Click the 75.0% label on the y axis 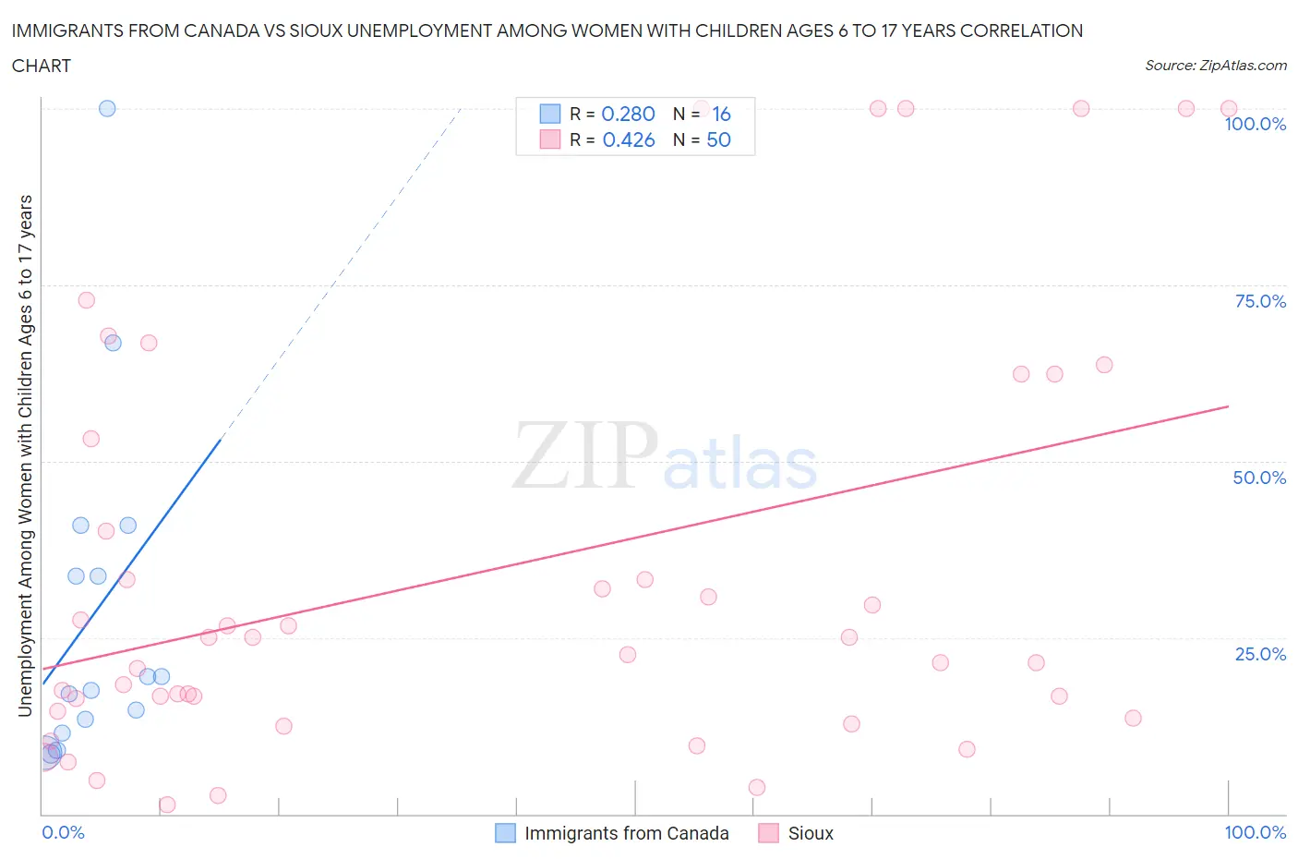(1260, 301)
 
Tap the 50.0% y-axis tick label (1259, 478)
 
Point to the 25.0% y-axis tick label (1260, 654)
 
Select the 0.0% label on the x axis (63, 832)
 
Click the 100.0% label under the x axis (1255, 832)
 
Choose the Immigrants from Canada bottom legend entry (626, 833)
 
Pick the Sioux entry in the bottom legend (810, 833)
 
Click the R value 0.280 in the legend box (628, 114)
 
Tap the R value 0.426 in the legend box (628, 139)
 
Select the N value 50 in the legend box (718, 139)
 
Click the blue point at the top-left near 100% (107, 108)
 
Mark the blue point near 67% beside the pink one (113, 343)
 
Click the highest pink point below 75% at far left (86, 300)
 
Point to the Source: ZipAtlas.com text (1215, 65)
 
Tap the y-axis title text (25, 456)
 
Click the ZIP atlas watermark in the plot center (665, 455)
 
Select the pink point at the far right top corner (1229, 109)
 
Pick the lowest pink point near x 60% (757, 787)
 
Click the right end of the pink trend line (1228, 406)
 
